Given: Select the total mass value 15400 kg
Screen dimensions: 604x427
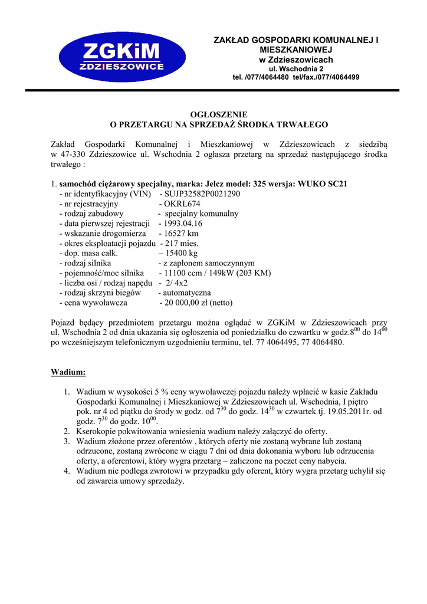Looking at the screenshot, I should [x=182, y=254].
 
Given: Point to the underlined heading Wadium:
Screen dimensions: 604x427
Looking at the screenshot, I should [x=68, y=372].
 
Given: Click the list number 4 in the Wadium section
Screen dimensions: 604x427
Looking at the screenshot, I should [x=67, y=471].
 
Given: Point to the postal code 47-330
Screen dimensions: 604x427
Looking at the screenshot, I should [x=69, y=154].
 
